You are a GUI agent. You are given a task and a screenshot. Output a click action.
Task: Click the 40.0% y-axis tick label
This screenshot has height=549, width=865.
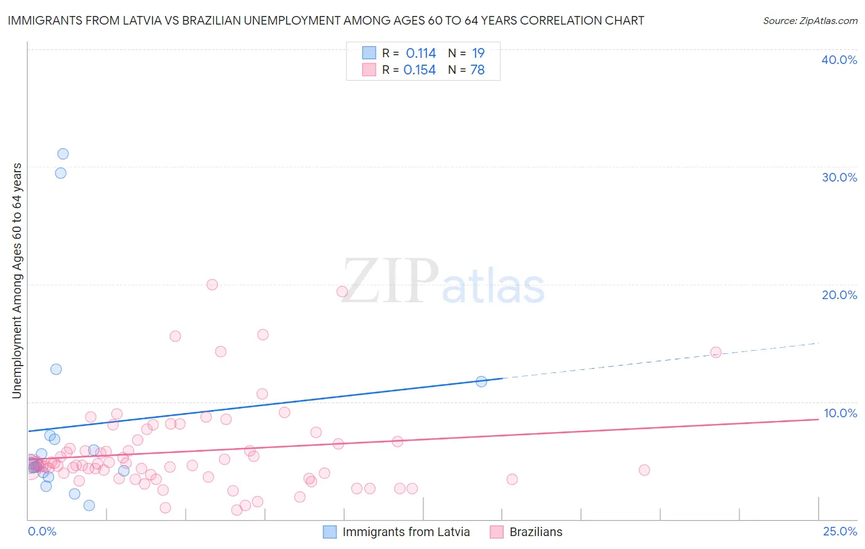[839, 60]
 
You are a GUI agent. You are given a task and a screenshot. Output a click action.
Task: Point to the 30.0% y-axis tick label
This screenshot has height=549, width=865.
[839, 177]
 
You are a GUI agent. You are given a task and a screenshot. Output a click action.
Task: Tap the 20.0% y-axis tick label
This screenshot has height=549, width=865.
[839, 295]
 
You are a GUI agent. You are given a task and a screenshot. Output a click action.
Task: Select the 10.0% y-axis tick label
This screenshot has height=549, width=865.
[840, 413]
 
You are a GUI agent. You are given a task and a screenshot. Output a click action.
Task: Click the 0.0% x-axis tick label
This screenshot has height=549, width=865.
[42, 531]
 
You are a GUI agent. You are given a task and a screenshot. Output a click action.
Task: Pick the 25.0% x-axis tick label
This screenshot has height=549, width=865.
[840, 531]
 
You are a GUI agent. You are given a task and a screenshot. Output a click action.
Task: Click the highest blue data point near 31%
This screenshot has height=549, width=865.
[63, 154]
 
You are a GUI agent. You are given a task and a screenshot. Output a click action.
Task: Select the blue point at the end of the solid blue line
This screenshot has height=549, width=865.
[481, 382]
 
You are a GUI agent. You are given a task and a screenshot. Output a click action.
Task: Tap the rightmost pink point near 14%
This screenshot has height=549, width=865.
[716, 352]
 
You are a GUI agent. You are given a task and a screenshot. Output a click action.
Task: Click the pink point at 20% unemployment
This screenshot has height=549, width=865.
[212, 284]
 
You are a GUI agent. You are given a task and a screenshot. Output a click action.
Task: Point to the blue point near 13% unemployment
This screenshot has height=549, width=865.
[56, 369]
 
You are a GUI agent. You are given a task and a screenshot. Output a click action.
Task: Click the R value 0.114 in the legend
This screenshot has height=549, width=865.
[421, 54]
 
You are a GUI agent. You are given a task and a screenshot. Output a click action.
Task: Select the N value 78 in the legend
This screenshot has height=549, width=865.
[477, 70]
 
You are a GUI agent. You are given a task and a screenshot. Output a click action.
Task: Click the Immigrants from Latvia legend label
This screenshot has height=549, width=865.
[406, 532]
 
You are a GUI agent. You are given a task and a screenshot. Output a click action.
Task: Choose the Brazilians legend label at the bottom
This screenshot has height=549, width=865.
[536, 532]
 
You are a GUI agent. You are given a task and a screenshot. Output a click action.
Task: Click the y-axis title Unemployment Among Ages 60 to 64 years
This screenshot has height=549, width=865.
[17, 280]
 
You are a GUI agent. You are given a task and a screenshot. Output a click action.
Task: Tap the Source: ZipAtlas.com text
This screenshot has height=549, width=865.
[810, 20]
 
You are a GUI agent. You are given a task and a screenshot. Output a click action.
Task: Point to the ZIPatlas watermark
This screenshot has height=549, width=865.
[443, 282]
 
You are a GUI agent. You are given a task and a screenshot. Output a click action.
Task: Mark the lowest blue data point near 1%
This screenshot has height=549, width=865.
[89, 505]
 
